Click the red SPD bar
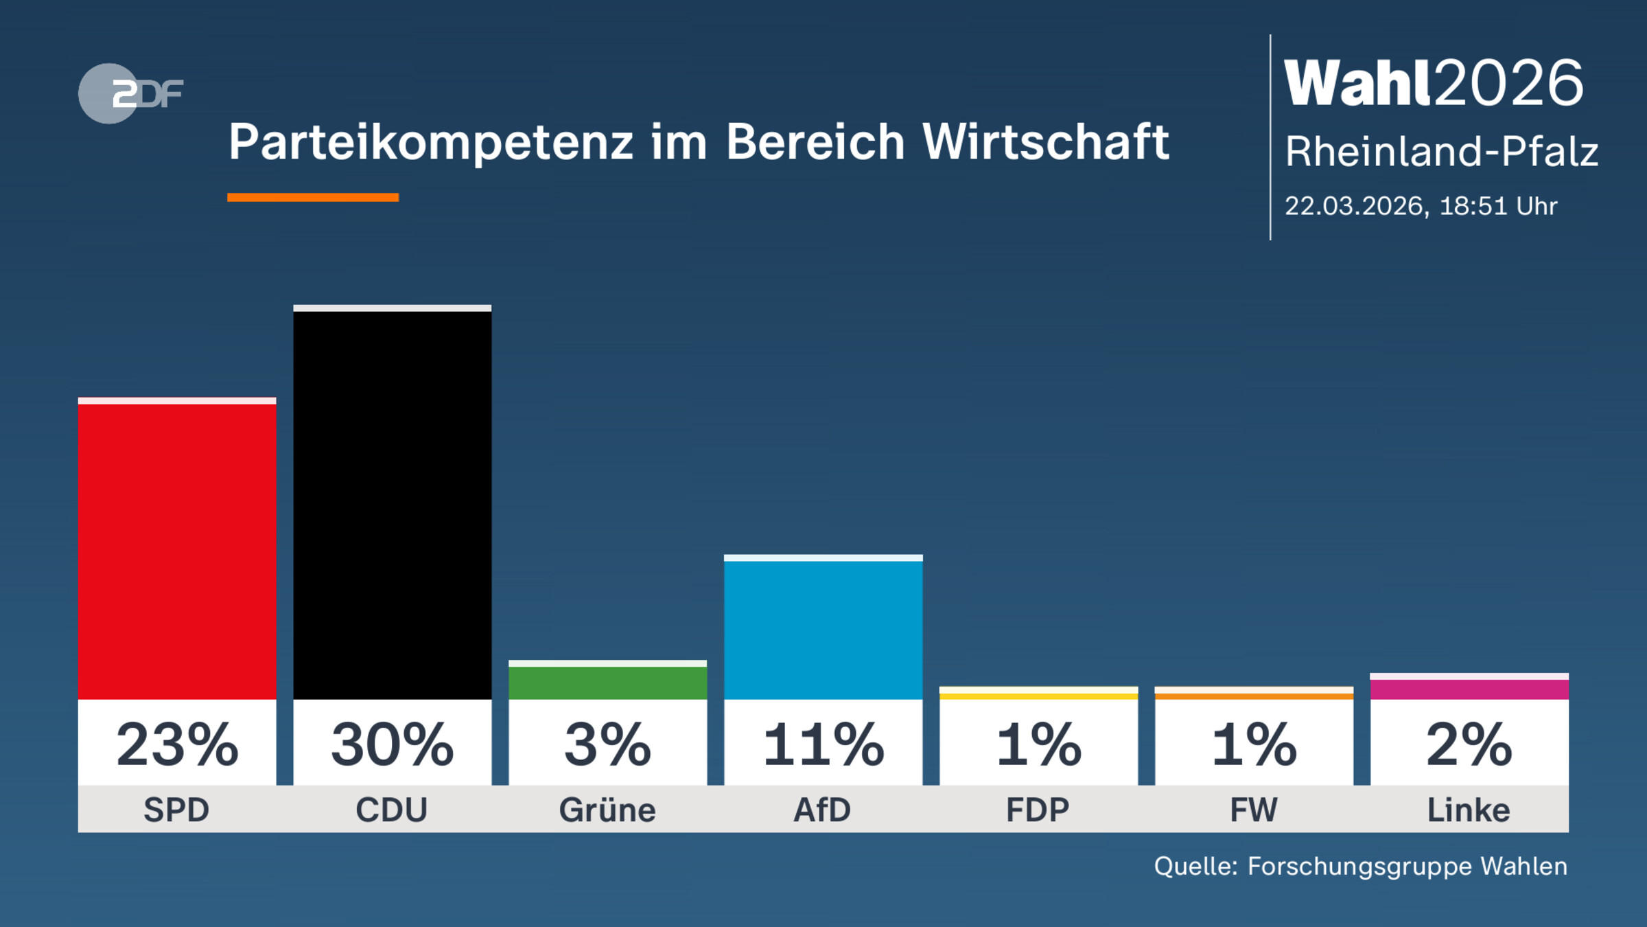[177, 549]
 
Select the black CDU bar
[392, 505]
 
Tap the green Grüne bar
[607, 682]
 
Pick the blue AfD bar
[823, 628]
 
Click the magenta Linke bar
[1469, 689]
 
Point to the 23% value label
[177, 745]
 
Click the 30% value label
[392, 745]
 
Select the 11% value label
[823, 745]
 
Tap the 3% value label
[607, 745]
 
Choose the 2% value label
[1469, 745]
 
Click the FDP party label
[1038, 810]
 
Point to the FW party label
[1253, 810]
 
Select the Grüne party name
[607, 810]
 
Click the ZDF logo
[130, 93]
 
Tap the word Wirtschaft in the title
[1045, 142]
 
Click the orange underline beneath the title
[313, 198]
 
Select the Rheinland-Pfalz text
[1441, 152]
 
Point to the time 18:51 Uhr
[1498, 206]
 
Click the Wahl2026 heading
[1433, 83]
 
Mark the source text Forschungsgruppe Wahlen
[1407, 866]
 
